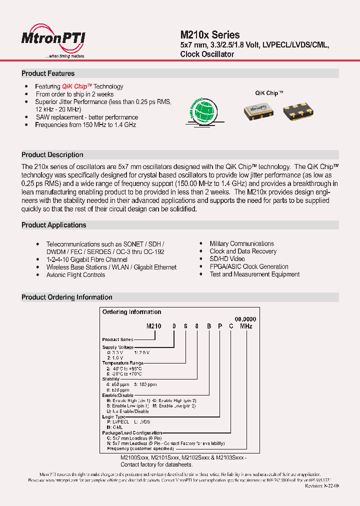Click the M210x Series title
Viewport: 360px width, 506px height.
click(209, 35)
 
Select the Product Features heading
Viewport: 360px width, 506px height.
click(48, 73)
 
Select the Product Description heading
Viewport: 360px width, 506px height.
click(52, 155)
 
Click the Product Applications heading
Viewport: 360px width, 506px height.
click(53, 225)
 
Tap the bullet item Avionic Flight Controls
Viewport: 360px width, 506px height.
click(75, 275)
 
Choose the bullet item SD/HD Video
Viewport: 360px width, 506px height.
click(227, 259)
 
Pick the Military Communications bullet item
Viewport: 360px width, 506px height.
click(241, 243)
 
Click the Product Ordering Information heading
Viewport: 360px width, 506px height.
click(66, 297)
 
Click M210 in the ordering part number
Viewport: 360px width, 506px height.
click(154, 326)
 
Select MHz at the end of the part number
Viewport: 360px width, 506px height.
click(246, 326)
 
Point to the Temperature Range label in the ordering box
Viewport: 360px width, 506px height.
click(123, 363)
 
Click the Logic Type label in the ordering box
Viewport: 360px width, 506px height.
click(114, 416)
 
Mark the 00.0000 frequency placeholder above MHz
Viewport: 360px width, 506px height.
click(245, 319)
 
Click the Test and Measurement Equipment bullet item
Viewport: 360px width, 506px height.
click(254, 274)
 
